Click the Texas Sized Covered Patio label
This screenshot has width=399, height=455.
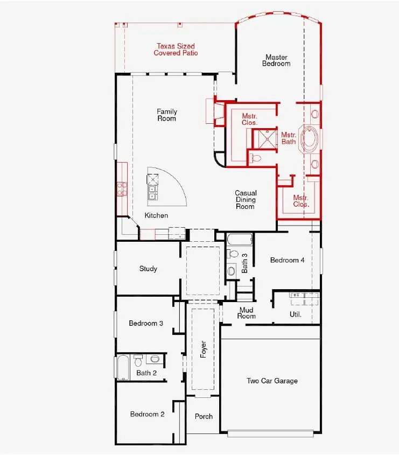(176, 50)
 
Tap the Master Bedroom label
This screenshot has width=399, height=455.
(276, 60)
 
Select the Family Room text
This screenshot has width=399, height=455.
(167, 115)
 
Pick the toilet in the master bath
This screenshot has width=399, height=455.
(256, 158)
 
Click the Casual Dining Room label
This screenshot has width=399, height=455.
(246, 199)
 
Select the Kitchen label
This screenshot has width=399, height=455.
(156, 215)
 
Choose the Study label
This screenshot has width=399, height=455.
(148, 269)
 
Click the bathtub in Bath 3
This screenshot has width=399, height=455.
(239, 239)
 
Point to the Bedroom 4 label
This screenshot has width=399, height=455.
(288, 260)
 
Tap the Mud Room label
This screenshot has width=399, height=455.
(247, 313)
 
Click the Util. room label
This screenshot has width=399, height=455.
(296, 314)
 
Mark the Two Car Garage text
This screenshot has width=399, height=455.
(272, 381)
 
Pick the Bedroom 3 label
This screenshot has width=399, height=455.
(146, 323)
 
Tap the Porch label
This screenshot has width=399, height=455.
(204, 416)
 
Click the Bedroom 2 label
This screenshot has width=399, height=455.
(147, 414)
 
